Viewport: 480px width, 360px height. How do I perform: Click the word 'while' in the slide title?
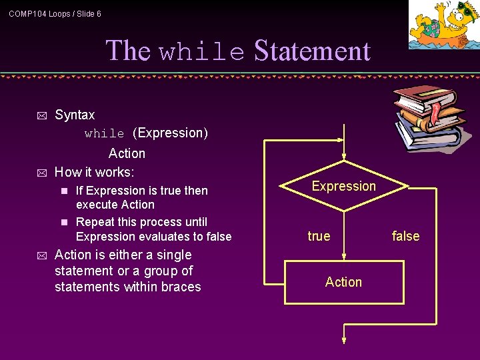click(201, 52)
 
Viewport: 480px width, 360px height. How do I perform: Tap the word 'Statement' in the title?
click(311, 51)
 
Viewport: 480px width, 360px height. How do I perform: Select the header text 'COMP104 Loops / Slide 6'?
click(55, 13)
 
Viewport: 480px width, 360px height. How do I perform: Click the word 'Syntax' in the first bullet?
click(75, 115)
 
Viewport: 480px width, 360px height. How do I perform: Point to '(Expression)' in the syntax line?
click(170, 133)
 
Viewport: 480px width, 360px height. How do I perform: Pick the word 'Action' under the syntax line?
click(127, 153)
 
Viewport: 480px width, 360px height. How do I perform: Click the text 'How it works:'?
click(94, 172)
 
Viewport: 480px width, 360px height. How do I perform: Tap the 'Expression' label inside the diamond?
click(344, 186)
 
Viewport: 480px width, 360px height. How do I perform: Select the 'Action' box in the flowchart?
click(344, 282)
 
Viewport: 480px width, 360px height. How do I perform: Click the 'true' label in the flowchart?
click(319, 236)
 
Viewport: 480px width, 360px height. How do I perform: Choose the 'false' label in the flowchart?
click(405, 236)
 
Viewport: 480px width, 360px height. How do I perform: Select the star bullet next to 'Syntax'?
click(41, 115)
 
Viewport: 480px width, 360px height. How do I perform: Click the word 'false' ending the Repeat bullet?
click(217, 237)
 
